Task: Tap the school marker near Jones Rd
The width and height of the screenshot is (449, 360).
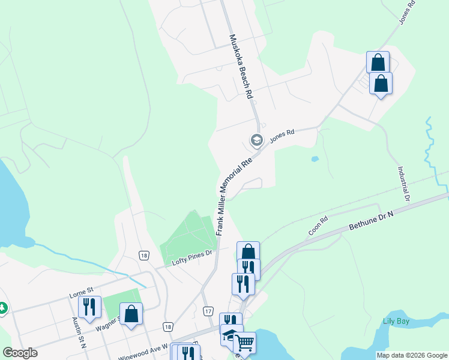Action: [x=256, y=140]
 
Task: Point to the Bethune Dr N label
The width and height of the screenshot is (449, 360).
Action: [x=372, y=223]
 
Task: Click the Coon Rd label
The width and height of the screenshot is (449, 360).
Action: [x=318, y=226]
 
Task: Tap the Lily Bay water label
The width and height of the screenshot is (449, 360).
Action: [x=397, y=320]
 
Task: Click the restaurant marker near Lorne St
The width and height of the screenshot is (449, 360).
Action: [x=89, y=307]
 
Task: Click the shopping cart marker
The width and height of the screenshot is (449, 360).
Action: [x=244, y=343]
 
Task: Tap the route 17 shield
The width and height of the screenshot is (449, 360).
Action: [x=208, y=311]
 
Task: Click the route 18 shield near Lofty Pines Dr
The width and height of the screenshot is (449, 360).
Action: [x=143, y=255]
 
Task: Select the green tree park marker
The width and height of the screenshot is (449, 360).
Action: [x=2, y=308]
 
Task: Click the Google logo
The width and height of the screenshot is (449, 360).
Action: [x=20, y=353]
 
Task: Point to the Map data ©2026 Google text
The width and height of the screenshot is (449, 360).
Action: [x=412, y=355]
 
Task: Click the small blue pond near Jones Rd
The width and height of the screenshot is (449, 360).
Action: [x=315, y=159]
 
